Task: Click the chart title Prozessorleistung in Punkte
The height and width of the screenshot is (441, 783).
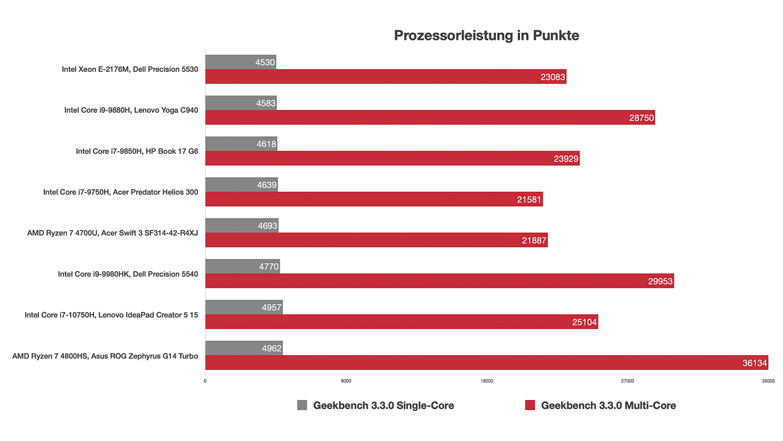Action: click(486, 35)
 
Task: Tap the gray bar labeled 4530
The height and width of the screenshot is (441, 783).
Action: click(241, 62)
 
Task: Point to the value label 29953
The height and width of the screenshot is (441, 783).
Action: click(660, 281)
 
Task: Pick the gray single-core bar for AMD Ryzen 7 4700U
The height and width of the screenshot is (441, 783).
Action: click(242, 226)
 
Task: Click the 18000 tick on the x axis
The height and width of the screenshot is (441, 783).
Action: click(487, 381)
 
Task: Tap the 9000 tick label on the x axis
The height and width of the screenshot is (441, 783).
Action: click(346, 381)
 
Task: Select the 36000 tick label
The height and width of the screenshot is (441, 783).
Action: click(768, 381)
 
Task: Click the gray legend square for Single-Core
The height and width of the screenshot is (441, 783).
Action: click(302, 405)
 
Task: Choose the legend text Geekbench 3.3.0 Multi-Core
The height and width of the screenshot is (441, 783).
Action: click(608, 405)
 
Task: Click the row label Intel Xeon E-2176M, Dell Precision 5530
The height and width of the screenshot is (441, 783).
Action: click(130, 69)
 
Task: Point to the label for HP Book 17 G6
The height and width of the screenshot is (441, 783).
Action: click(137, 151)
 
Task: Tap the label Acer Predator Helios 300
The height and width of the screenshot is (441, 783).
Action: click(120, 192)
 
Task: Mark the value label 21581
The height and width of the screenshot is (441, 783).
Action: click(529, 200)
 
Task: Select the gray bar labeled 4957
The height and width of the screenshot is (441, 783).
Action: click(244, 307)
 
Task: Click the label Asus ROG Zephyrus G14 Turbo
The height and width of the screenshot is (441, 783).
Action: click(105, 356)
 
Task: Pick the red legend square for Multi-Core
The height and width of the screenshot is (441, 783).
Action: click(530, 405)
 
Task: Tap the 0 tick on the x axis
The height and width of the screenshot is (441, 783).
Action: click(205, 381)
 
